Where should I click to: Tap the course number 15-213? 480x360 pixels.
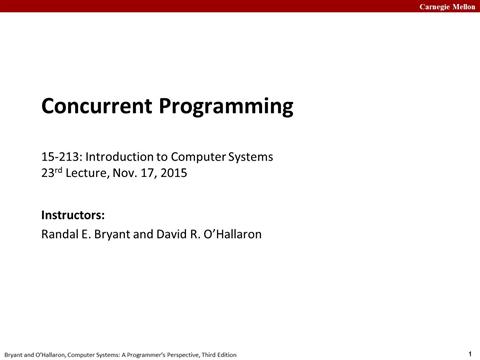coord(61,157)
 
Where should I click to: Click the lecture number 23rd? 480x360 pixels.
coord(53,172)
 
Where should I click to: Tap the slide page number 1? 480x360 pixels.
coord(469,352)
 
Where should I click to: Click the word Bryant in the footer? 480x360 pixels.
coord(17,354)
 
